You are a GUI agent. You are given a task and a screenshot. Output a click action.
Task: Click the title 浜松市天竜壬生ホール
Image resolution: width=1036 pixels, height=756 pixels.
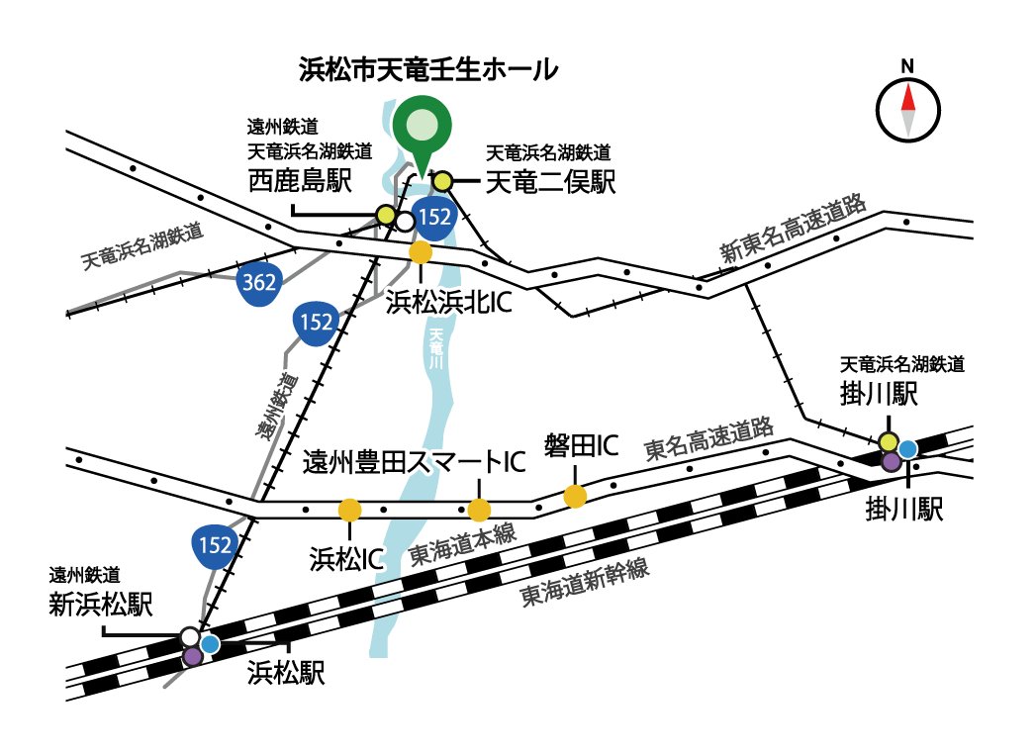click(x=428, y=70)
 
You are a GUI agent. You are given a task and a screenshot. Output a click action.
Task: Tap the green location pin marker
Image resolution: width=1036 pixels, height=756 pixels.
click(x=421, y=128)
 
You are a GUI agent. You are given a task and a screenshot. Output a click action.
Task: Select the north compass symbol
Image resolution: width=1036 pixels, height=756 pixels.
click(x=907, y=106)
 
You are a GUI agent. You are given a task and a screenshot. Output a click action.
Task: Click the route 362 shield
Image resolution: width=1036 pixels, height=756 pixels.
click(x=259, y=283)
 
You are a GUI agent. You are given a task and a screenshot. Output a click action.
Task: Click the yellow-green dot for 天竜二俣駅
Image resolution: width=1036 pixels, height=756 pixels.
click(x=442, y=180)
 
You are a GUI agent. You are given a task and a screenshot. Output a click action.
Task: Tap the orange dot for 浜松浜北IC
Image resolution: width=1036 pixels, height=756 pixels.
click(x=421, y=252)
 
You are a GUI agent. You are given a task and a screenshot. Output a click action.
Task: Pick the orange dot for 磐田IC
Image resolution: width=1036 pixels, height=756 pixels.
click(x=575, y=496)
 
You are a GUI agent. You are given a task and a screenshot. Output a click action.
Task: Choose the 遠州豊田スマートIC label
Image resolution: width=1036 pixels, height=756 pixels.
click(x=412, y=462)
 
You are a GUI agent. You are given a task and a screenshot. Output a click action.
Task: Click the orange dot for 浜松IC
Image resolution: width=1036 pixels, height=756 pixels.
click(x=349, y=510)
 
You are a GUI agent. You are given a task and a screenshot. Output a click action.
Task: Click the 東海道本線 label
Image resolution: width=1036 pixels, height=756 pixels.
click(x=462, y=548)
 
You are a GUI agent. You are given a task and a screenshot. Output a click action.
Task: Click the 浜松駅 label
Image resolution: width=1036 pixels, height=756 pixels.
click(x=286, y=674)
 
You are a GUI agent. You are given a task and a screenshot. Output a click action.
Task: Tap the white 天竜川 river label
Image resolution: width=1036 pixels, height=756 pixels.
click(x=434, y=352)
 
